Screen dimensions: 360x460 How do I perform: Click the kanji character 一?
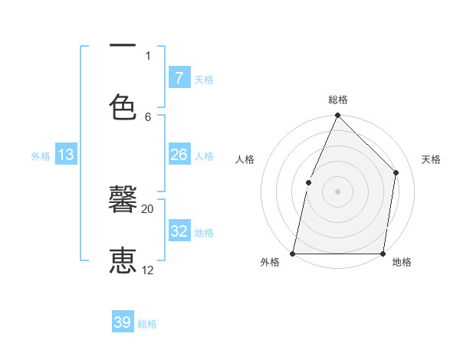pos(123,46)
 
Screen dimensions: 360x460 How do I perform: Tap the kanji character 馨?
pos(123,200)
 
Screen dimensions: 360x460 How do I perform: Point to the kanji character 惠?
pos(123,260)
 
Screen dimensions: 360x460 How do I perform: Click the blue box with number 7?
pos(179,78)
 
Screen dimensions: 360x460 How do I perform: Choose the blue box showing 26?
pos(179,155)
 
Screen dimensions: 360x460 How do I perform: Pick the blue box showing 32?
pos(179,231)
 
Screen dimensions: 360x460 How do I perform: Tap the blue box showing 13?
pos(66,155)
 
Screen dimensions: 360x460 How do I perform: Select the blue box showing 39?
pos(123,322)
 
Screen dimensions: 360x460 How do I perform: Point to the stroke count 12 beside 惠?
pos(147,270)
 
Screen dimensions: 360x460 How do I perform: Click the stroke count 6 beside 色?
pos(148,116)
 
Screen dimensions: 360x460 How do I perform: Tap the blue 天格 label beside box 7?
pos(204,79)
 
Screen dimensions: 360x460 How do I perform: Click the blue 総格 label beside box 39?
pos(147,324)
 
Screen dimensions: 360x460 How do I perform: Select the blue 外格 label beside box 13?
pos(41,155)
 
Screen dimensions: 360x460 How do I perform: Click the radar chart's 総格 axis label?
pos(337,100)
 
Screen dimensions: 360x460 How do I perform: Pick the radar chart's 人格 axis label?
pos(245,159)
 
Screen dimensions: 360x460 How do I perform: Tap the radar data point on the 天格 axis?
pos(396,172)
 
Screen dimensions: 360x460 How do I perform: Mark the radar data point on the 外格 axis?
pos(293,253)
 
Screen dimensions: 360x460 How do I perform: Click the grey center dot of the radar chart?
pos(337,191)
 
